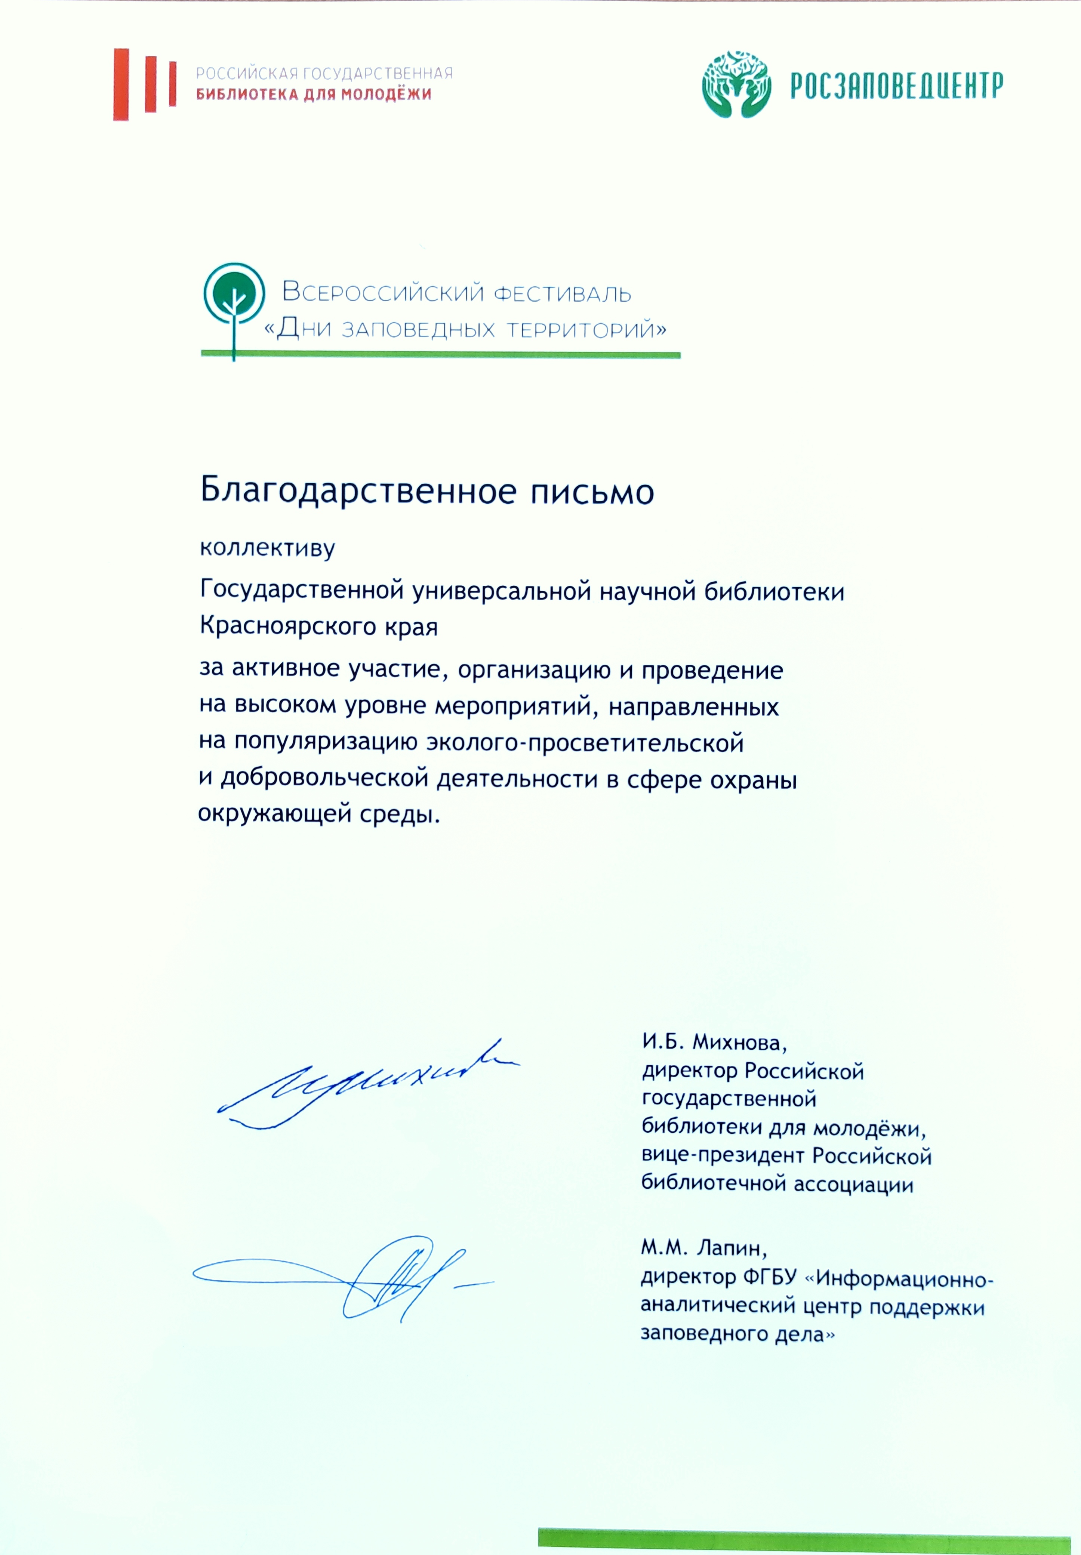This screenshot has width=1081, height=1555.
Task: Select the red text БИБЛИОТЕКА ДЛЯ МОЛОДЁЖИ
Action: [314, 94]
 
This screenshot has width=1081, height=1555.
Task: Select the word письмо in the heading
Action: [591, 492]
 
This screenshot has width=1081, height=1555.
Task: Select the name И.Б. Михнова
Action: [714, 1042]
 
